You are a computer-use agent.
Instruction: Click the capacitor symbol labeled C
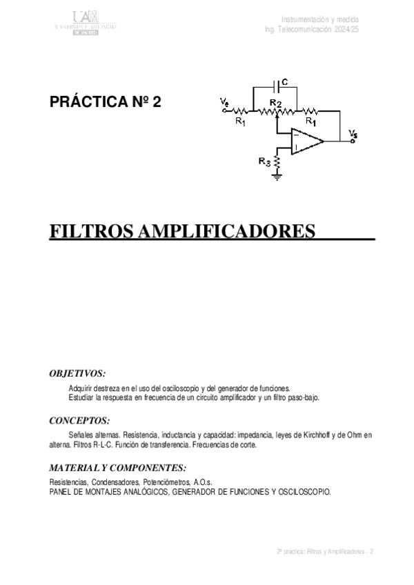pos(277,86)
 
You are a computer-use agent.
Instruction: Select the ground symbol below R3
pos(277,177)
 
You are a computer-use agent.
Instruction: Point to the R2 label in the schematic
pos(275,103)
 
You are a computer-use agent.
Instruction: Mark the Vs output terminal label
pos(353,134)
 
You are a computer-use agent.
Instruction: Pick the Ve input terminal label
pos(225,103)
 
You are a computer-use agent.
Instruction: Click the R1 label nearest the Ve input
pos(240,121)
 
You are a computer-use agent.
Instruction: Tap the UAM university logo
pos(86,23)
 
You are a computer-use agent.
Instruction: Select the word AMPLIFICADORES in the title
pos(227,230)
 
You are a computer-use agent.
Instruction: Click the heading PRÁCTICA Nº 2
pos(106,103)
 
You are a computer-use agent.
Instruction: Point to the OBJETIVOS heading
pos(77,373)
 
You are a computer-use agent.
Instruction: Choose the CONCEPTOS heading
pos(79,419)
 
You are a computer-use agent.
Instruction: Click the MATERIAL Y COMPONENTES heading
pos(118,467)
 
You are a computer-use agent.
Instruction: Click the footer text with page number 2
pos(325,552)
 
